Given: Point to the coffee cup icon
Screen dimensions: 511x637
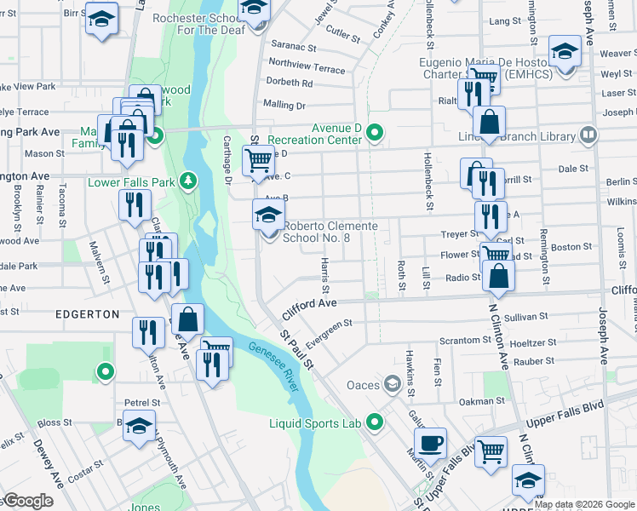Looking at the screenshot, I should pyautogui.click(x=431, y=444).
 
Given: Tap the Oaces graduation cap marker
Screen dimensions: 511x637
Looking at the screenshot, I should pyautogui.click(x=392, y=385).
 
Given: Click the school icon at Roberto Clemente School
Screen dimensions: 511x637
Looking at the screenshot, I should pyautogui.click(x=268, y=215).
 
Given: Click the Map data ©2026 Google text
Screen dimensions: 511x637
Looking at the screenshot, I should pyautogui.click(x=584, y=504).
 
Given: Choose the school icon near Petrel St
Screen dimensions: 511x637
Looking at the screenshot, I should pyautogui.click(x=139, y=428).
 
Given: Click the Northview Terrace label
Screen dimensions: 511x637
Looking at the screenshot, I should pyautogui.click(x=307, y=66).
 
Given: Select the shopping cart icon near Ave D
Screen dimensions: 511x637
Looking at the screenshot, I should pyautogui.click(x=257, y=159).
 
